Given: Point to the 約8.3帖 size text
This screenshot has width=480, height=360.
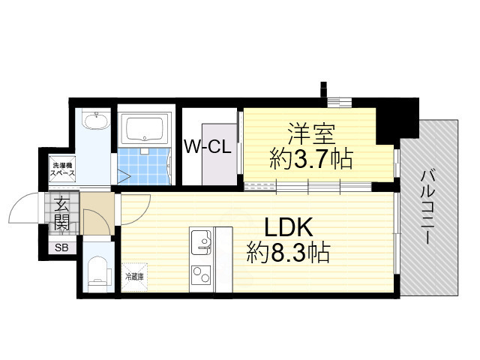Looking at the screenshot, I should coord(288,253).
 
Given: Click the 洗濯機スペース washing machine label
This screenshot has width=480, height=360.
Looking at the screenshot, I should coord(62,168).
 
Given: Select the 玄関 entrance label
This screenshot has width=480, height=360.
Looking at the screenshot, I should coord(61,212).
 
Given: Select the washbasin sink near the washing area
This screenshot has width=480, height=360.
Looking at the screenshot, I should coord(96,122).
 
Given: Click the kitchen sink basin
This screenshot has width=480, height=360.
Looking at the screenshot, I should coord(202,242).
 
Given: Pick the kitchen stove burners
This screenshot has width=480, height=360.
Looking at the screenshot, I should coord(202,274).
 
